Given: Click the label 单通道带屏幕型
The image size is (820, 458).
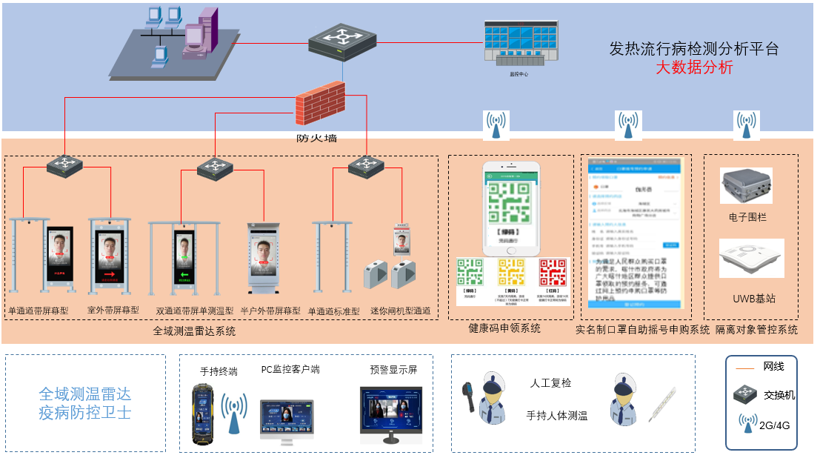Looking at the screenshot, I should [x=39, y=311].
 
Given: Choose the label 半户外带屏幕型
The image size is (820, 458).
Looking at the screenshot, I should [x=270, y=311].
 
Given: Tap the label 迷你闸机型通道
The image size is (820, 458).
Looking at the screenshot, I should [x=400, y=311].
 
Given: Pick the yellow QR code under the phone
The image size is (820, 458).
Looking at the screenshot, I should [x=511, y=272].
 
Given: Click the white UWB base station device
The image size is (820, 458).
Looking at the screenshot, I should [x=751, y=257].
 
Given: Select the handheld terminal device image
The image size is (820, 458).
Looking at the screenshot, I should [x=201, y=414].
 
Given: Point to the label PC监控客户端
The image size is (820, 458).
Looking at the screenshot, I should [x=290, y=369].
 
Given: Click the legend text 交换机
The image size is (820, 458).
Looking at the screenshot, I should [x=779, y=395].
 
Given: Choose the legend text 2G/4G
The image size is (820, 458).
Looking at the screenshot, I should [x=775, y=425].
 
